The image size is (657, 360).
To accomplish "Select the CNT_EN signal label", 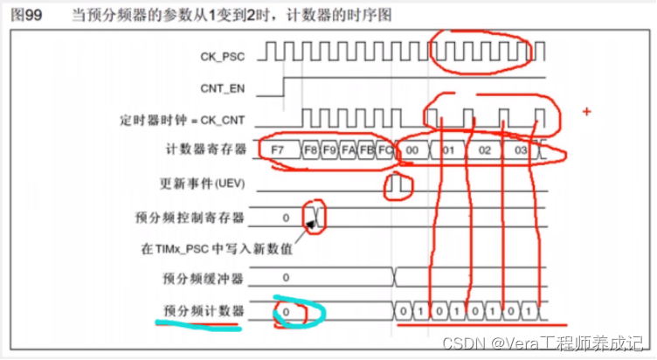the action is [221, 87].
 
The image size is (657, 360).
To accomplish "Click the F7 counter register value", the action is [278, 150].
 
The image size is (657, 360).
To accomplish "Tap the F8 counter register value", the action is [311, 150].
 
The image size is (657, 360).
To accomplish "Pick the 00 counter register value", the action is [412, 150].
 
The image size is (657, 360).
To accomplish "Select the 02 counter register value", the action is [485, 150].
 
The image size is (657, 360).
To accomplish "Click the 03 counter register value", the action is [521, 150].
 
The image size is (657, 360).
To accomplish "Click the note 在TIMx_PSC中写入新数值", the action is [215, 249].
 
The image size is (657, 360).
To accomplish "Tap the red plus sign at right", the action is [586, 111].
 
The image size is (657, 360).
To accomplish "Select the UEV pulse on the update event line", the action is [398, 184].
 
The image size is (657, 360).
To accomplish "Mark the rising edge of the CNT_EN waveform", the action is [284, 86].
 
